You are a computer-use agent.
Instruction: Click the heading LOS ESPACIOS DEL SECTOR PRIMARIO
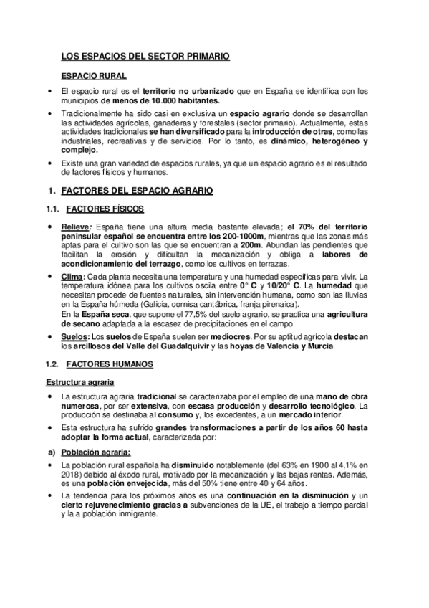(x=145, y=55)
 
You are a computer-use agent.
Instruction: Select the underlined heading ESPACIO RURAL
(x=95, y=75)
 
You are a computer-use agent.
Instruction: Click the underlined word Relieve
(x=75, y=227)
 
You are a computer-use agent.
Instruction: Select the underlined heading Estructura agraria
(x=82, y=382)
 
